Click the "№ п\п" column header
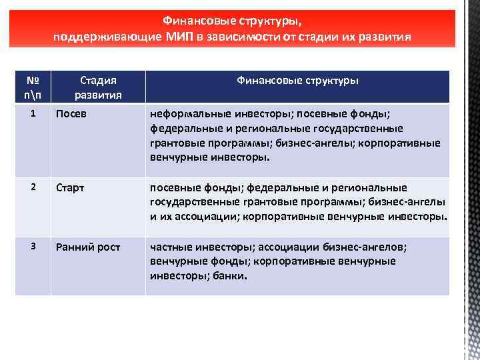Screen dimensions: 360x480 [33, 87]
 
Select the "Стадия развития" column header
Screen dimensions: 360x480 [98, 87]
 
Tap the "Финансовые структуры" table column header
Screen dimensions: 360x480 [297, 80]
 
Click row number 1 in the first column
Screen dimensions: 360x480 [33, 113]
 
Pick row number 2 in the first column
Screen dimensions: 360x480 [33, 187]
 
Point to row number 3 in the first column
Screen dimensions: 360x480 [33, 247]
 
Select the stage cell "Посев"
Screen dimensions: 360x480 [71, 114]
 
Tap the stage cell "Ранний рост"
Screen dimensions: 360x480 [88, 247]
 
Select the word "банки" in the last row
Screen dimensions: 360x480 [229, 275]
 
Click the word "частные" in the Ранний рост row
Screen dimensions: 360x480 [169, 247]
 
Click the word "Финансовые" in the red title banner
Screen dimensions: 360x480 [195, 20]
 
